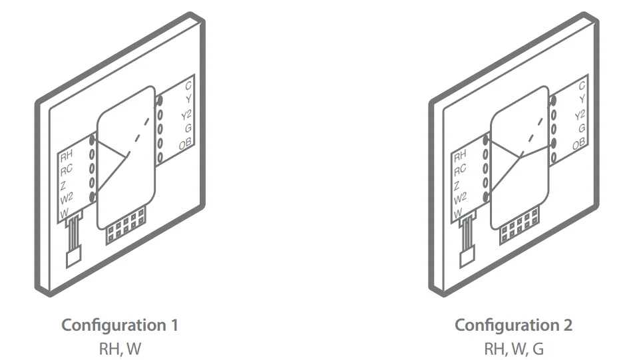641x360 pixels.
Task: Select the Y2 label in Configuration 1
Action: tap(186, 115)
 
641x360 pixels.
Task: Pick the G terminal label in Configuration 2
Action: tap(581, 128)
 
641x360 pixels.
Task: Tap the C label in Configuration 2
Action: tap(582, 85)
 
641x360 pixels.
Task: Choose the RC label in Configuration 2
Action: tap(460, 170)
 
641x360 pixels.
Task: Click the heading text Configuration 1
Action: tap(119, 325)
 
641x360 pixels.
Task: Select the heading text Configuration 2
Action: tap(513, 325)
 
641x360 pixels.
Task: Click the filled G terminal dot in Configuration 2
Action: tap(552, 142)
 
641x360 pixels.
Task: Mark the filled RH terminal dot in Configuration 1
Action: tap(93, 142)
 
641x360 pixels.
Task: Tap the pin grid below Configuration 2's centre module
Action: tap(520, 227)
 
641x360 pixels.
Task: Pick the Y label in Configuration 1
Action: tap(188, 100)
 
